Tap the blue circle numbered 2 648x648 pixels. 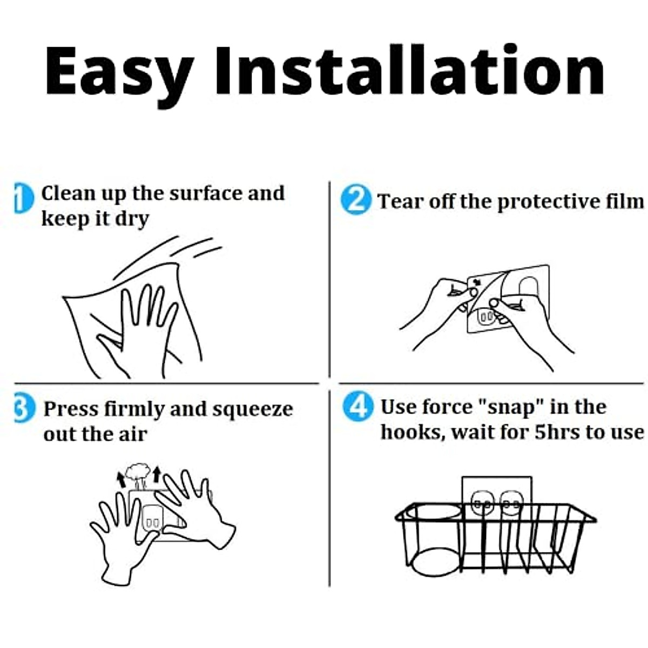click(x=356, y=201)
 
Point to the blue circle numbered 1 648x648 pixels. click(x=24, y=198)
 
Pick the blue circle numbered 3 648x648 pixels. click(x=24, y=408)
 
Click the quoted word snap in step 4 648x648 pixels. click(x=511, y=408)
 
